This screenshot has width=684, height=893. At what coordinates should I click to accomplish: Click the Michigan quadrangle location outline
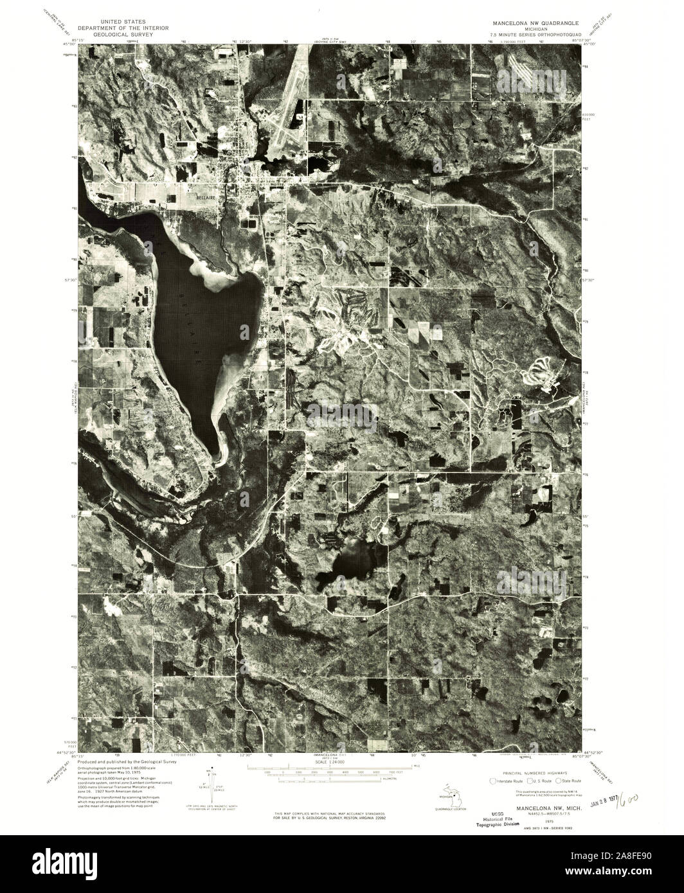[x=457, y=800]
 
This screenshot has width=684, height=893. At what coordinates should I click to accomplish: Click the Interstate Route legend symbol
[x=493, y=781]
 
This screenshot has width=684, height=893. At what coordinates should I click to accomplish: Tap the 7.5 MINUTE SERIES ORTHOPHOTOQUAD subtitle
[x=534, y=34]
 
